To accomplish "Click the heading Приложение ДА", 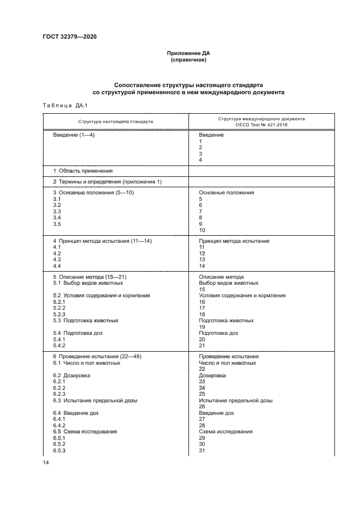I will pos(188,53).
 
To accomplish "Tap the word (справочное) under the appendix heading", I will pos(188,60).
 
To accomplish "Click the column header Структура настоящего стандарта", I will pos(115,121).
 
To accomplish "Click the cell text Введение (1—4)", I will pos(74,134).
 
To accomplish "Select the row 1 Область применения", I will pos(83,170).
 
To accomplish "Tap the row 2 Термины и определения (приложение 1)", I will pos(107,181).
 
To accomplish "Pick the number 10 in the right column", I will pos(202,230).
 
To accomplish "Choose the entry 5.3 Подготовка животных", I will pos(86,321).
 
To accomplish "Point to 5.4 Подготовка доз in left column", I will pos(78,333).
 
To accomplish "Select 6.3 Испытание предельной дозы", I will pos(95,400).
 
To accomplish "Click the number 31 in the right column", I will pos(202,450).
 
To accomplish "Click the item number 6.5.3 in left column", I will pos(59,450).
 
